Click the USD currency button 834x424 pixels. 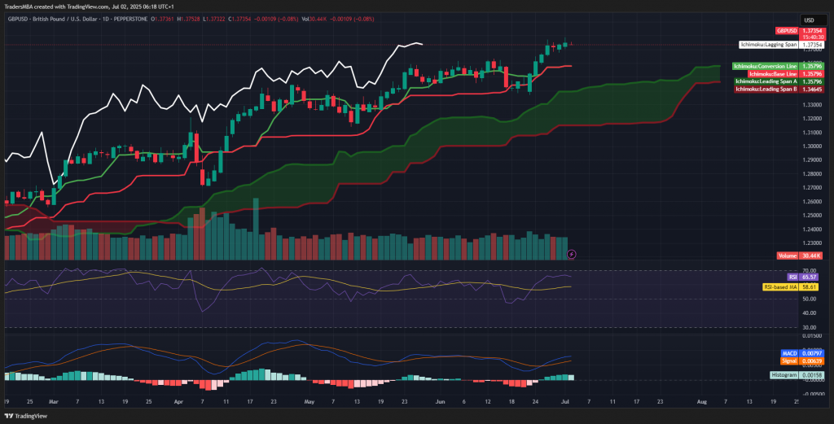point(810,20)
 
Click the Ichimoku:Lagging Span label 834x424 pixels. point(768,45)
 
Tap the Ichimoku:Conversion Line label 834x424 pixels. point(765,65)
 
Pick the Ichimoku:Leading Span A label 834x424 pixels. point(766,81)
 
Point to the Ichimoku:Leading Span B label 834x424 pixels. point(766,89)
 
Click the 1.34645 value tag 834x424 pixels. point(810,89)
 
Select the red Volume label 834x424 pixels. point(787,256)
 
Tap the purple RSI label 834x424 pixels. point(791,277)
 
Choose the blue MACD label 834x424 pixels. point(788,353)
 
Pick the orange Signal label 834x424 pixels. point(788,361)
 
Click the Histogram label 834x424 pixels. point(784,374)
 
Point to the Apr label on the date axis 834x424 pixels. point(178,401)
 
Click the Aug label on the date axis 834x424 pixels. point(700,401)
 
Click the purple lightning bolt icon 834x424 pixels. point(572,254)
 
